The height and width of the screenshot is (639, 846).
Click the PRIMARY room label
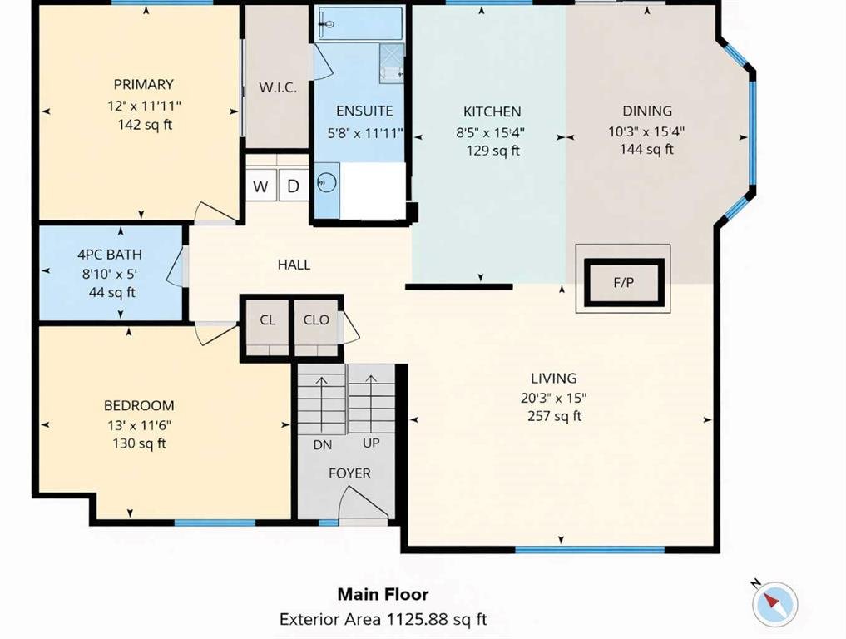[x=144, y=85]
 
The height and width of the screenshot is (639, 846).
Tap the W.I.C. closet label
[x=278, y=87]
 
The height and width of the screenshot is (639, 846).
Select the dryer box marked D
[x=293, y=185]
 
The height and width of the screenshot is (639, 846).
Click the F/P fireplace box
[x=624, y=282]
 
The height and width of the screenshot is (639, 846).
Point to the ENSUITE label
[x=364, y=111]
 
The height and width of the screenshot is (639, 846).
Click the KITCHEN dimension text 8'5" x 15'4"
[x=491, y=131]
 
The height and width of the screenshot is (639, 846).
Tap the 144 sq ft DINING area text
[x=646, y=149]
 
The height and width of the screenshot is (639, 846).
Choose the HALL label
[x=294, y=265]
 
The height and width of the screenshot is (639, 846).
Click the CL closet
[x=267, y=325]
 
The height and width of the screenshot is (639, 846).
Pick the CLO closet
[x=317, y=325]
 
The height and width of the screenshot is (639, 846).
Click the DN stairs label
[x=323, y=445]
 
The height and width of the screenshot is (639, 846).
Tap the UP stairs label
[x=371, y=443]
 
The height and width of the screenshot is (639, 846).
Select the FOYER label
[x=349, y=473]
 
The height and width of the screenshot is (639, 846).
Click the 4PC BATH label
[x=110, y=255]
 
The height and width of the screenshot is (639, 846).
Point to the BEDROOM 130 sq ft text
[x=139, y=443]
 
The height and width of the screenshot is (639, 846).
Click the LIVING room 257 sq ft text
[x=555, y=416]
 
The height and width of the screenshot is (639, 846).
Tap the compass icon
[x=774, y=603]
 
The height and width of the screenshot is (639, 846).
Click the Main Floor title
[x=383, y=594]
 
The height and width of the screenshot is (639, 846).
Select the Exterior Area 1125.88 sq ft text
[x=383, y=619]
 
